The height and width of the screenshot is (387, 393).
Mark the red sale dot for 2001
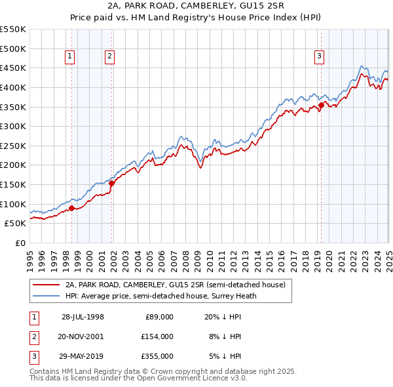point(112,183)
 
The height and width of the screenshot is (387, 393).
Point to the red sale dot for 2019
point(321,105)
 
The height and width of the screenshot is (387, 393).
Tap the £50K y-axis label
point(16,224)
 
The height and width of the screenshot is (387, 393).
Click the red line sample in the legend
point(46,285)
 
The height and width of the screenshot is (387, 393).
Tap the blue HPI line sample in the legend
point(46,296)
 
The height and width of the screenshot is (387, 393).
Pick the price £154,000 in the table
point(157,336)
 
